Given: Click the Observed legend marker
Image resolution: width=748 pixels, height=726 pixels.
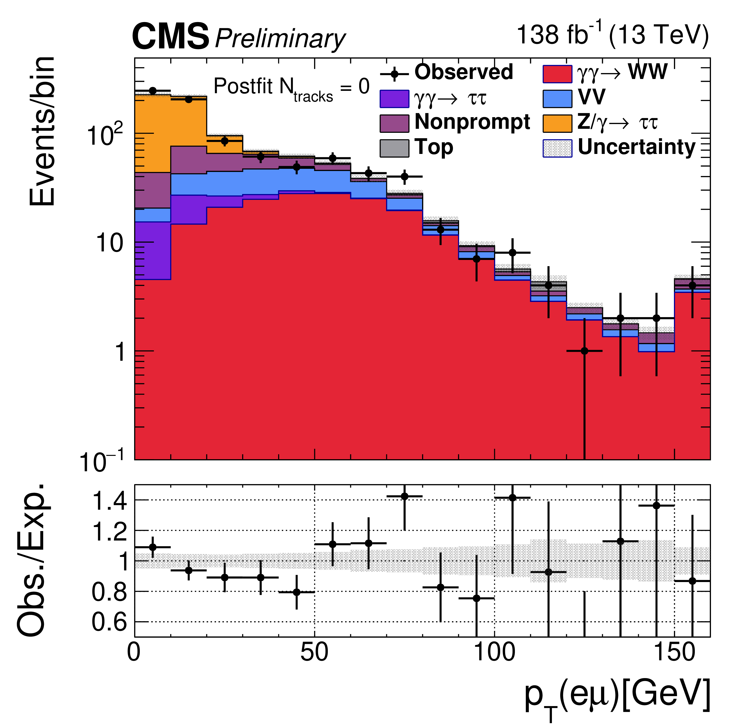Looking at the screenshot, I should tap(395, 74).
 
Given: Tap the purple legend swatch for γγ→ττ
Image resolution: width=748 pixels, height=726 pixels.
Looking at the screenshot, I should tap(394, 99).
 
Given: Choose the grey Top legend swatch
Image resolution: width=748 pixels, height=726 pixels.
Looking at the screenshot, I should tap(394, 148).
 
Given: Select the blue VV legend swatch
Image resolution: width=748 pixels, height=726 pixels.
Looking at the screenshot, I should tap(557, 99).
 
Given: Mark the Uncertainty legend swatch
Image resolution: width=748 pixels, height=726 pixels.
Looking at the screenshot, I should tap(557, 148).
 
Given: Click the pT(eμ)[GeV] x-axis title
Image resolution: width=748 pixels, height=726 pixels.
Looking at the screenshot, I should tap(617, 695).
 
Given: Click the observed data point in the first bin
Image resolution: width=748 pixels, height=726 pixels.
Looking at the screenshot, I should tap(153, 91).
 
